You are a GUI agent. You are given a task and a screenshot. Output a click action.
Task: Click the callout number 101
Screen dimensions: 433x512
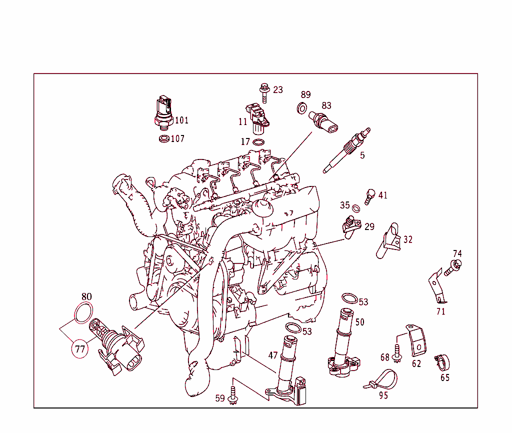181,120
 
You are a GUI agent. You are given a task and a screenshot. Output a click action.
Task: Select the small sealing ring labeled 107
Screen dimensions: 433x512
163,138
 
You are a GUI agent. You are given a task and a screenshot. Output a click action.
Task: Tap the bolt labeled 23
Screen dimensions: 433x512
264,92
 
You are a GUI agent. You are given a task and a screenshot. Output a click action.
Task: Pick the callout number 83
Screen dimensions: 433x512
326,105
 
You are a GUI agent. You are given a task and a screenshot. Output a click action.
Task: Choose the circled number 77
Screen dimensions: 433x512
80,349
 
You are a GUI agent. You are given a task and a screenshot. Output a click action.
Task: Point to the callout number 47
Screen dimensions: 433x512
272,355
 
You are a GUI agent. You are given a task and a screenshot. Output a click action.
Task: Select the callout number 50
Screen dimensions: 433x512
360,322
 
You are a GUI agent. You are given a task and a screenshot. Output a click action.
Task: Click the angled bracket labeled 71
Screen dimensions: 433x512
437,288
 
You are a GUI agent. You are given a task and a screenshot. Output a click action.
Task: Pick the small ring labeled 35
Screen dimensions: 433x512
355,207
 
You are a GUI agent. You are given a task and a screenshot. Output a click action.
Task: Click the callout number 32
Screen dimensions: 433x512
408,239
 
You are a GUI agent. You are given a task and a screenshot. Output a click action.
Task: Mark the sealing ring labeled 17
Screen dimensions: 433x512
259,142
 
